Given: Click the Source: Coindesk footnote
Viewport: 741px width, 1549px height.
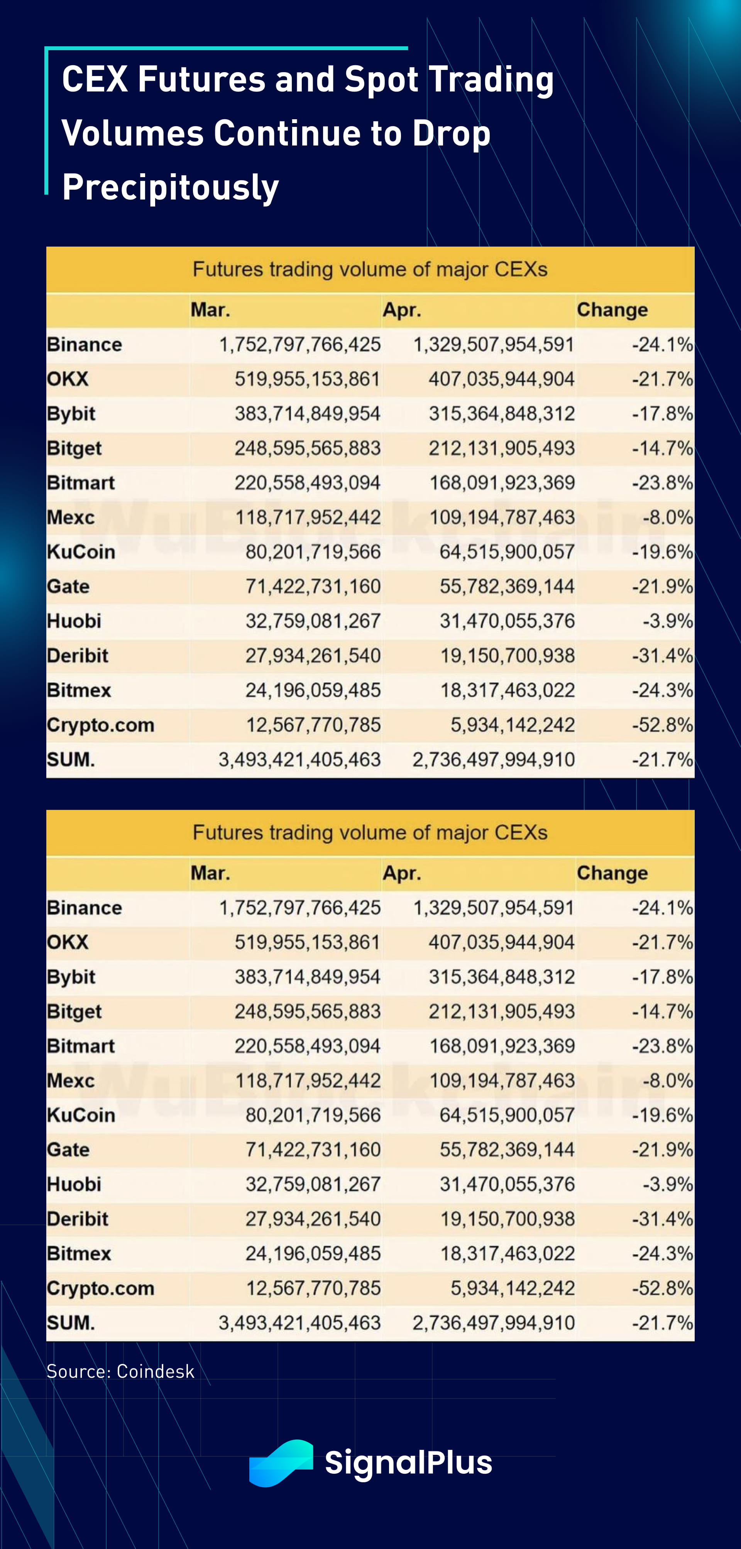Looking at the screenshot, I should point(120,1371).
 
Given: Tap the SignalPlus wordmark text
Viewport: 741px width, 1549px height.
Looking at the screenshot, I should point(408,1463).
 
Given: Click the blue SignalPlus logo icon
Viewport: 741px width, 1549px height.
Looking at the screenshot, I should point(281,1463).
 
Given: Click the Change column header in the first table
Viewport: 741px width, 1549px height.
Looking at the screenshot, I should point(612,309).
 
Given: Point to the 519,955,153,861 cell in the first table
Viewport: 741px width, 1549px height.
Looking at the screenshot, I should point(307,379).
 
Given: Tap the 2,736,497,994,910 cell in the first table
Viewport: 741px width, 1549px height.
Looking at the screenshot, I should point(493,759).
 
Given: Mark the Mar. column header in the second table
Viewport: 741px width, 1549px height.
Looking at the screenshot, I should point(210,873).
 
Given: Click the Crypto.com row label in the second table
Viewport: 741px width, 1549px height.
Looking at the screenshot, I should point(100,1288).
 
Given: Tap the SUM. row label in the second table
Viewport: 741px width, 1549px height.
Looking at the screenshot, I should point(70,1323).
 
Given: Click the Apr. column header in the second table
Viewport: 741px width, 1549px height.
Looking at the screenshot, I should point(402,873).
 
